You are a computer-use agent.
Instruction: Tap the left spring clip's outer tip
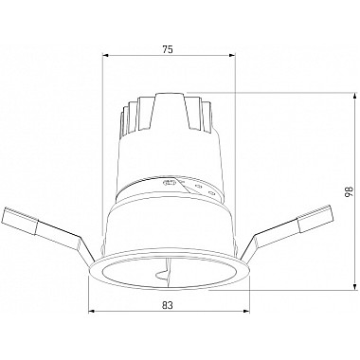point(7,215)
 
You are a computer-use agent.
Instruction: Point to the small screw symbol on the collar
point(171,184)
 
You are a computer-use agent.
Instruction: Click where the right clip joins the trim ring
point(244,258)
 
